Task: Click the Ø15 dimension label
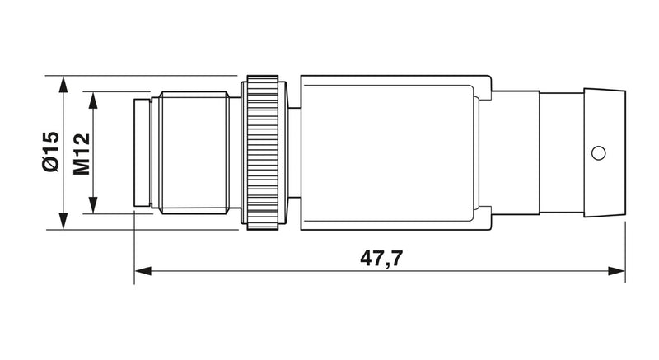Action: [51, 152]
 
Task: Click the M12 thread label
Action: [82, 154]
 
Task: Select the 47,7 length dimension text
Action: [381, 258]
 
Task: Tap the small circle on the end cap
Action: [599, 153]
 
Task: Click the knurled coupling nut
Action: [263, 152]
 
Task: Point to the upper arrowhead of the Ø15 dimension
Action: [63, 83]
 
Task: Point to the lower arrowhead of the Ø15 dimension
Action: [63, 222]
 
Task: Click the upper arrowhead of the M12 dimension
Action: [93, 100]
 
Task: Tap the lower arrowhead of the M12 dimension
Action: [93, 205]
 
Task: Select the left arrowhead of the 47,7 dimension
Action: [143, 271]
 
